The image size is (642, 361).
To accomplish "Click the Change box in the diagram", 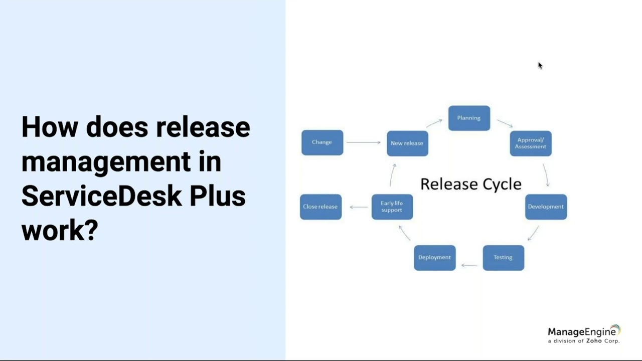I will (x=322, y=142).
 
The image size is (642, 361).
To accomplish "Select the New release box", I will (x=407, y=143).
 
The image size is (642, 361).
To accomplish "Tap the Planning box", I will (x=469, y=118).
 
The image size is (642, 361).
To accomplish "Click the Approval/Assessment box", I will (x=531, y=143).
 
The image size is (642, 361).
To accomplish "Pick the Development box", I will (x=546, y=207).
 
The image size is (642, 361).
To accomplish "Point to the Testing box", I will (x=503, y=258).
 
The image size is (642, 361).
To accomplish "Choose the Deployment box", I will (x=434, y=258).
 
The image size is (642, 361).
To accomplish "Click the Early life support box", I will (x=392, y=207).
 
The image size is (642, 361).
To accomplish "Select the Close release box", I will (x=320, y=207).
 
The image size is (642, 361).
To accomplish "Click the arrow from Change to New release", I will (x=364, y=142).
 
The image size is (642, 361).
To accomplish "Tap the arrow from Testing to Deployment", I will (x=469, y=265).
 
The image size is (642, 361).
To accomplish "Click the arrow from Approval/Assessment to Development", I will (x=546, y=175).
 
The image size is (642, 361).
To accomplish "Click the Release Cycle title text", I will (x=470, y=184).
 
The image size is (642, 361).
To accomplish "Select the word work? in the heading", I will (x=59, y=230).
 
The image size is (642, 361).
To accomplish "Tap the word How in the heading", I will (x=49, y=127).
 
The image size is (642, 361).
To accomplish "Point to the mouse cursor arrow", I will (x=540, y=65).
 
